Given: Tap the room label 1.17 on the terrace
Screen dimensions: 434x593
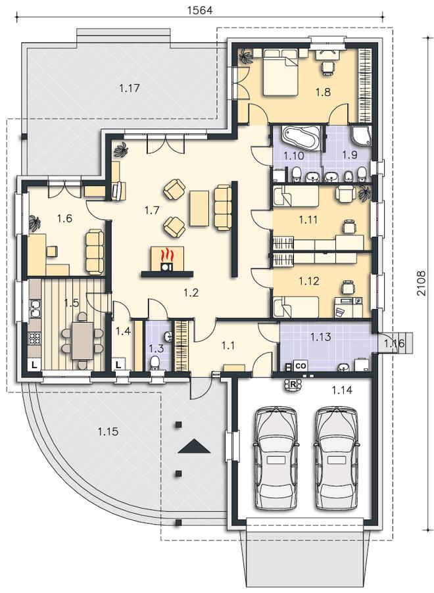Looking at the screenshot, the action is tap(130, 89).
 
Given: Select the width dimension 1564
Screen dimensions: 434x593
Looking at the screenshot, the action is tap(200, 11).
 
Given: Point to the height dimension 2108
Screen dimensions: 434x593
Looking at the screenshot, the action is tap(422, 283).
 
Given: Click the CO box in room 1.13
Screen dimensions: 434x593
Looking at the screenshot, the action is tap(301, 366).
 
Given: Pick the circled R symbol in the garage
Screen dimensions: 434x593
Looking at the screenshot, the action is tap(293, 384).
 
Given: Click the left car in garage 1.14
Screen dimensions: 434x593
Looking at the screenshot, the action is tap(275, 458).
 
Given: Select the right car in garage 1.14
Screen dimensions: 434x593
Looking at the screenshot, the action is tap(335, 458).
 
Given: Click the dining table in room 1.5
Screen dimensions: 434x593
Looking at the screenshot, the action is tap(82, 341).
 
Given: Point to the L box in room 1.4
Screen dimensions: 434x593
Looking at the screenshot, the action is tap(119, 365).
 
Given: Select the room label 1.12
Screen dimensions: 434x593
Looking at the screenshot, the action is tap(309, 281).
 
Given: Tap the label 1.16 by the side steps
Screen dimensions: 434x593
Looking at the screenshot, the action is tap(394, 344).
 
